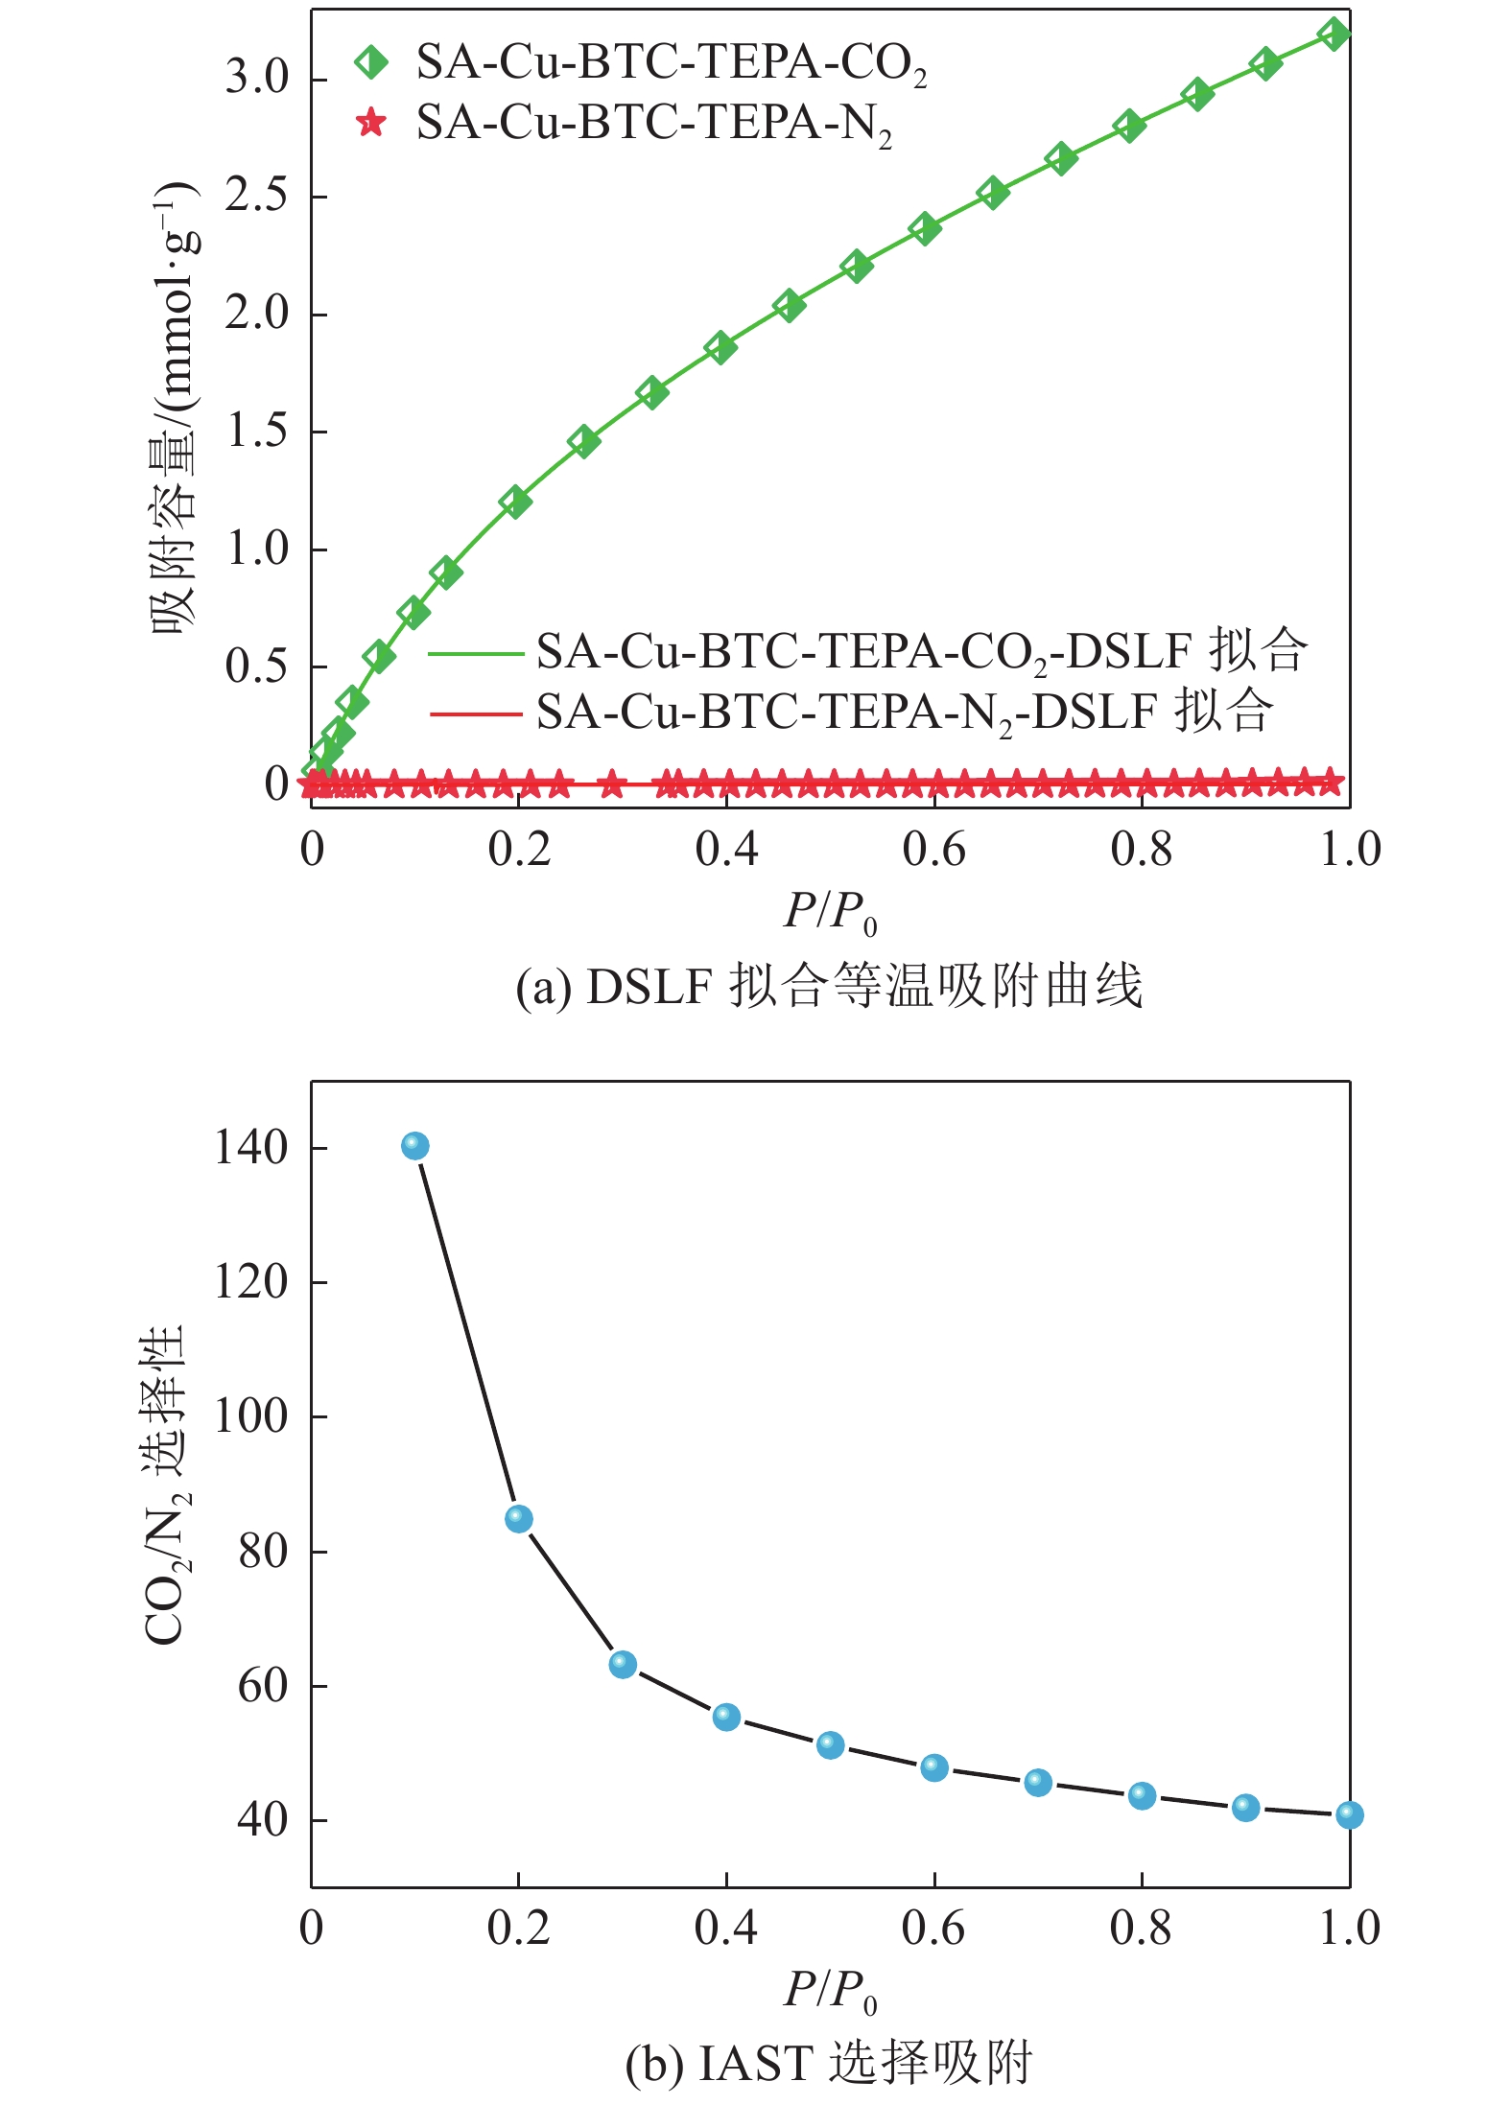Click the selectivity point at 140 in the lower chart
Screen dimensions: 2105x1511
[x=414, y=1146]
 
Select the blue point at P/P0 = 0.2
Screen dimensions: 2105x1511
[x=519, y=1519]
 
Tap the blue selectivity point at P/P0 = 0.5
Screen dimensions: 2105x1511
[x=831, y=1745]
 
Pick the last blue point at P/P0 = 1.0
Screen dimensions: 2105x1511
[x=1349, y=1814]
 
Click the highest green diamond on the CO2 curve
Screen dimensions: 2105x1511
[x=1334, y=35]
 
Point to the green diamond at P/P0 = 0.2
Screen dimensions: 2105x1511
[x=516, y=502]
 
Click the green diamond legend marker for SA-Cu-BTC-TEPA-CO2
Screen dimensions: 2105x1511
[x=371, y=62]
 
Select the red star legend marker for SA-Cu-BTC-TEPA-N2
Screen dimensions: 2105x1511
[x=371, y=123]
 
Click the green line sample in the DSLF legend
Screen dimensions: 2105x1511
[x=476, y=654]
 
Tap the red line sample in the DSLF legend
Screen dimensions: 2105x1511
[x=476, y=713]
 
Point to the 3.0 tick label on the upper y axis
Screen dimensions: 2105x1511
[x=257, y=78]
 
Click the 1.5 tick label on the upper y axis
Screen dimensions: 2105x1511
[x=257, y=432]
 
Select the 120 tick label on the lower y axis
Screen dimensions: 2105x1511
[x=251, y=1281]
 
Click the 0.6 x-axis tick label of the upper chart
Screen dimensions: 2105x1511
[x=934, y=850]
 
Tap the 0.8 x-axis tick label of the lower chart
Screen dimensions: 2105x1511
[x=1142, y=1928]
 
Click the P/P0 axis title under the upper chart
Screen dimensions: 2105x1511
[x=831, y=912]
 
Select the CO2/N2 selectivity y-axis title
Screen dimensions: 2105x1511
[x=165, y=1483]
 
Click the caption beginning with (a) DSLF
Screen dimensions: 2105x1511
[x=829, y=987]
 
